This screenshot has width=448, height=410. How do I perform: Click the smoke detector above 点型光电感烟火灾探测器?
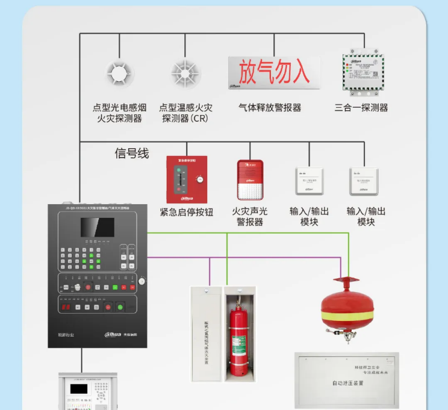[119, 73]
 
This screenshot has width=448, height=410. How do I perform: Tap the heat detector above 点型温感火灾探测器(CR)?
[185, 73]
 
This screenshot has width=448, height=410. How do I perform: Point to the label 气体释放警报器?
[270, 108]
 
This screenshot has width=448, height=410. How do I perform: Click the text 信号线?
[132, 154]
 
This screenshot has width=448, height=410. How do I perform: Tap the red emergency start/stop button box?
[187, 179]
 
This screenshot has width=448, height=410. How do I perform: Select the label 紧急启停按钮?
[187, 211]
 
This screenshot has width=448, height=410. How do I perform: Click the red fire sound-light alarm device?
[250, 179]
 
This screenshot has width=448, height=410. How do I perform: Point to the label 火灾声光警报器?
[250, 217]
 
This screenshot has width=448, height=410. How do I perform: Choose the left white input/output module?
[309, 181]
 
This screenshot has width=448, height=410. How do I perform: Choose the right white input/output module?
[364, 181]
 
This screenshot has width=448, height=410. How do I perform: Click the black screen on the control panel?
[98, 227]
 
